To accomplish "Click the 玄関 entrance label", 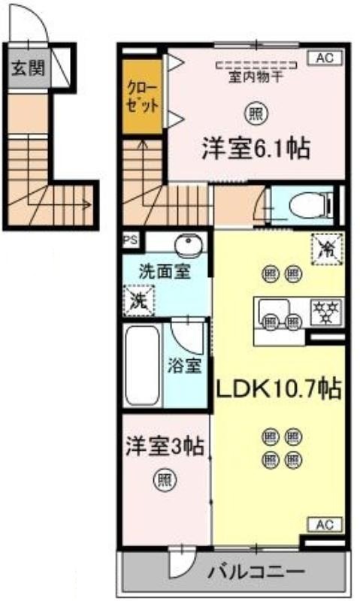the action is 28,68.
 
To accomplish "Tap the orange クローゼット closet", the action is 143,97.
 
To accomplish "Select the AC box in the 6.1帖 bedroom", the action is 325,58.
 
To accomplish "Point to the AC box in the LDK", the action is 325,524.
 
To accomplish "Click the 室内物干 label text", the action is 256,77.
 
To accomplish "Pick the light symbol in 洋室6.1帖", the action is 256,113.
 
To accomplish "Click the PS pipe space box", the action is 130,240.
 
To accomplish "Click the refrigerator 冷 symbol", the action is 327,249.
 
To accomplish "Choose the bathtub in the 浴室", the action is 142,365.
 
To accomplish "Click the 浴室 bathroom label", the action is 184,366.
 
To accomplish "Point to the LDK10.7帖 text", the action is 279,389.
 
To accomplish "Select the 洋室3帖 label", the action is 165,445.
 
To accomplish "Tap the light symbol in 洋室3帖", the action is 165,479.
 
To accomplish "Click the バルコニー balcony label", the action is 257,572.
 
